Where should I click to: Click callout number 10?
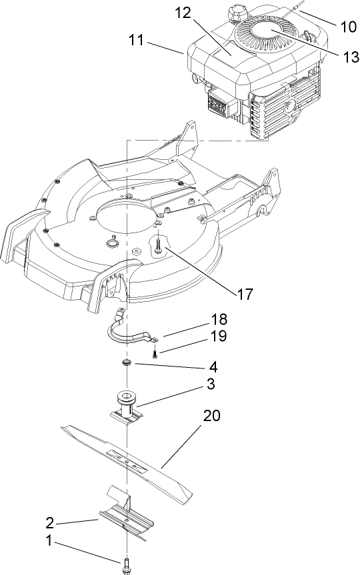coord(348,27)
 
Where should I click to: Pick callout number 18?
coord(219,319)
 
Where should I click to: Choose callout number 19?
coord(219,336)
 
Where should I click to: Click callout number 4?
coord(212,366)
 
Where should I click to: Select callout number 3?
coord(211,384)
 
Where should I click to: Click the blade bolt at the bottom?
coord(126,567)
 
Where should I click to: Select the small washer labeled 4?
coord(125,362)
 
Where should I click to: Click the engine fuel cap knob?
coord(237,13)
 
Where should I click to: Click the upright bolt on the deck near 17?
coord(159,247)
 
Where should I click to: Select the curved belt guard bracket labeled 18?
coord(130,331)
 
